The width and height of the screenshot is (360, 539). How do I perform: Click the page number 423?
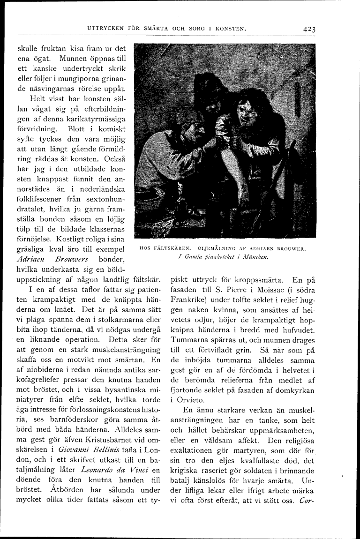coord(308,29)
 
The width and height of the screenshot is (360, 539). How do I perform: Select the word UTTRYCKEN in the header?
coord(107,29)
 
